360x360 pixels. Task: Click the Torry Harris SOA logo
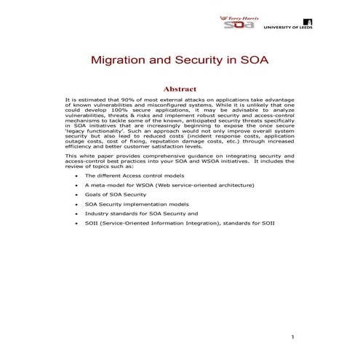[x=238, y=22]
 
